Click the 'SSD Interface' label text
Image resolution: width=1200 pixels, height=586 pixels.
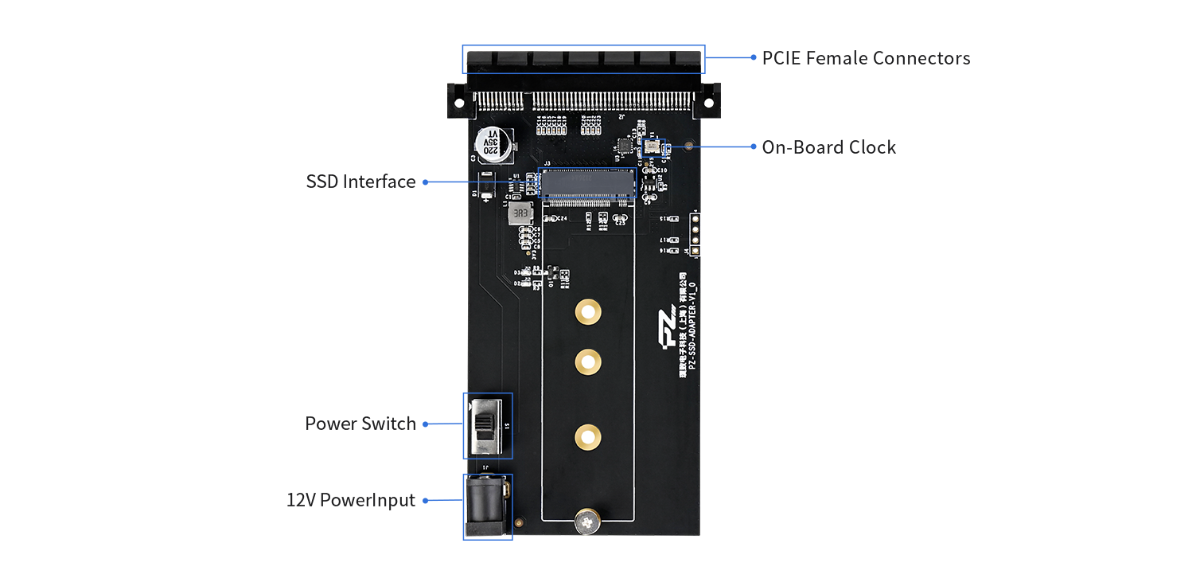360,182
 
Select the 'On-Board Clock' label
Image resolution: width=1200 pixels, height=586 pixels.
828,147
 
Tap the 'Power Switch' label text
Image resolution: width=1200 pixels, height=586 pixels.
360,424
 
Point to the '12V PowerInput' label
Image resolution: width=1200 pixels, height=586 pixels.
351,501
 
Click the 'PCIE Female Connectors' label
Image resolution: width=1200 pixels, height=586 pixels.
865,58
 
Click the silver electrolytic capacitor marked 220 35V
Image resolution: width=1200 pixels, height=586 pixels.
493,144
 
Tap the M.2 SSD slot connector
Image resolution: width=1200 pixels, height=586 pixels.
587,183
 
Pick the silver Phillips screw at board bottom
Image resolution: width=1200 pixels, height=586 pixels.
587,523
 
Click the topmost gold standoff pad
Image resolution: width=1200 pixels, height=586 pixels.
587,312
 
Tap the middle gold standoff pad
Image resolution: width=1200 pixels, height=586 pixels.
587,362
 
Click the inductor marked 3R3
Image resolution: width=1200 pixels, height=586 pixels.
520,214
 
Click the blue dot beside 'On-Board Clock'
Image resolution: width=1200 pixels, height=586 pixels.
753,146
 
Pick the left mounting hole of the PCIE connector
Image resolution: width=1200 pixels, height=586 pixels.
458,104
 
